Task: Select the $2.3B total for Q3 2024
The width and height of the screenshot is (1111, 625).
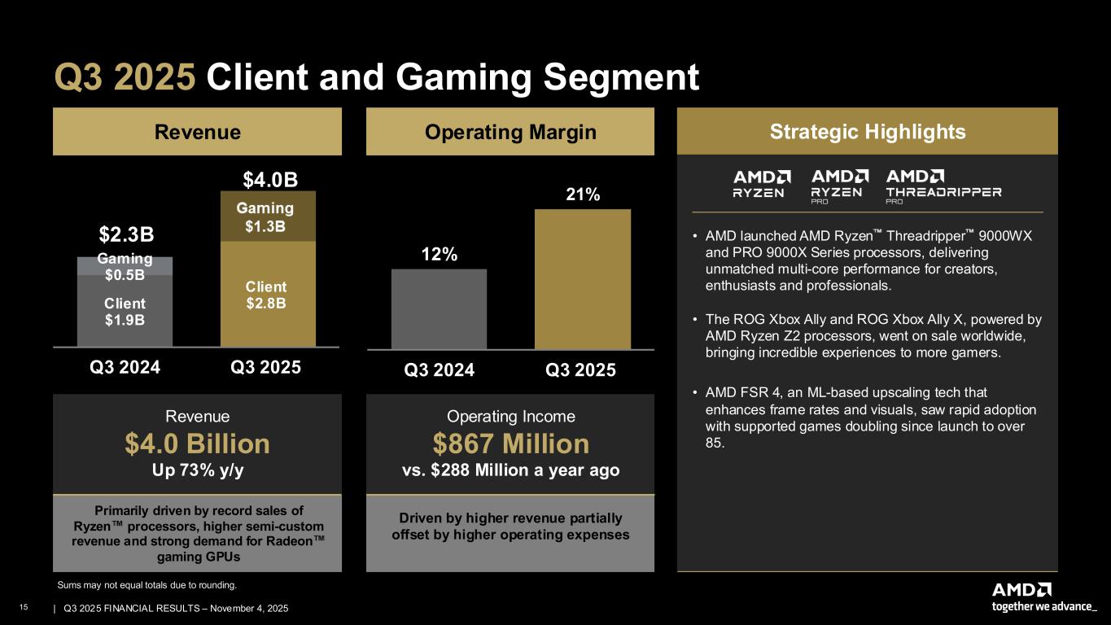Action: pyautogui.click(x=125, y=235)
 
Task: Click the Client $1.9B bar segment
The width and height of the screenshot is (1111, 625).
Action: pyautogui.click(x=125, y=311)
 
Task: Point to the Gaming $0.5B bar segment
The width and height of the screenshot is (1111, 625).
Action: pyautogui.click(x=125, y=266)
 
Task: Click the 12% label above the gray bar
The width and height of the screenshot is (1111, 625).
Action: pyautogui.click(x=439, y=254)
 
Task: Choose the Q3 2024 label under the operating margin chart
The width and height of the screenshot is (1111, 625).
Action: pyautogui.click(x=439, y=370)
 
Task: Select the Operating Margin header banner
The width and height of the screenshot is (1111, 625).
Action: pyautogui.click(x=510, y=132)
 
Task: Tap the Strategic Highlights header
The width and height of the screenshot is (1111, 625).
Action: pyautogui.click(x=867, y=132)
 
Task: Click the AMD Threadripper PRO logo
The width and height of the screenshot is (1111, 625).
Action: pyautogui.click(x=943, y=185)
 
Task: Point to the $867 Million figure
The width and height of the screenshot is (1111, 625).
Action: pyautogui.click(x=510, y=444)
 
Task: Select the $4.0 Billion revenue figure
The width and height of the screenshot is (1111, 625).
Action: pyautogui.click(x=198, y=444)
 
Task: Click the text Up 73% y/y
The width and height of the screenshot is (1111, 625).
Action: pyautogui.click(x=198, y=470)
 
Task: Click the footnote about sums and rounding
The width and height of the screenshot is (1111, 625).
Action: pyautogui.click(x=147, y=584)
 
